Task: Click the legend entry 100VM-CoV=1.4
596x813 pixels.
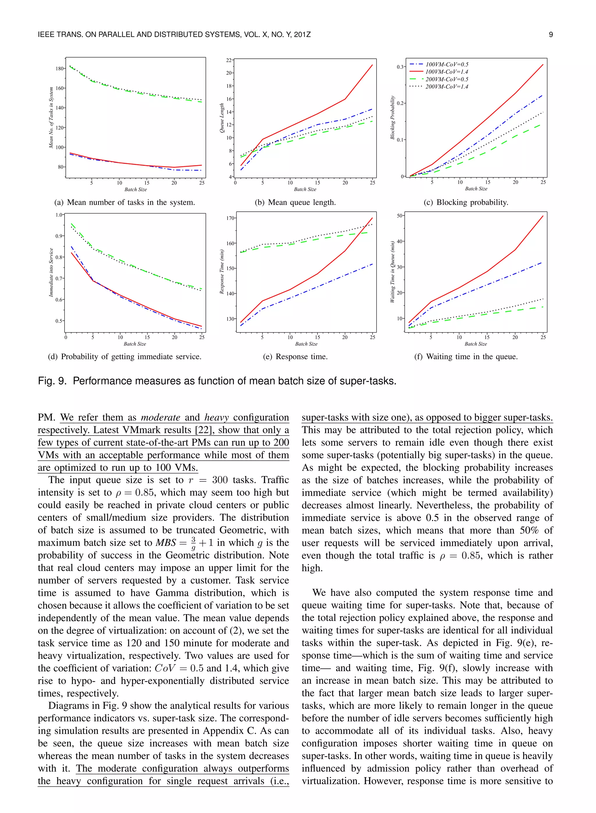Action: pyautogui.click(x=447, y=72)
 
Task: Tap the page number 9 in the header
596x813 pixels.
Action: pyautogui.click(x=551, y=35)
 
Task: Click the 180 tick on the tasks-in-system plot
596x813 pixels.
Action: pyautogui.click(x=60, y=68)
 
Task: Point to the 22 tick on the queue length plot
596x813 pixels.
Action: pyautogui.click(x=229, y=60)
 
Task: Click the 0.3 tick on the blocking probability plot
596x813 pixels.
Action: pyautogui.click(x=400, y=67)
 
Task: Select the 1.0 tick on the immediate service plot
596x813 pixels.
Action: pyautogui.click(x=59, y=215)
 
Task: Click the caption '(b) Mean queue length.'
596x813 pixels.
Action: pyautogui.click(x=295, y=203)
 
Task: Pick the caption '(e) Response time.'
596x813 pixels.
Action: pyautogui.click(x=295, y=357)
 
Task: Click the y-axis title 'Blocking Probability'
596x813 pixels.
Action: pyautogui.click(x=393, y=117)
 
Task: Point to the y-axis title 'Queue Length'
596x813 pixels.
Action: pyautogui.click(x=222, y=118)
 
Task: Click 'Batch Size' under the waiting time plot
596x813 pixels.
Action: pyautogui.click(x=476, y=344)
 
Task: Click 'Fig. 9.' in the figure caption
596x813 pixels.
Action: pyautogui.click(x=52, y=381)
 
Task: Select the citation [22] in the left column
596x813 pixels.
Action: pyautogui.click(x=204, y=430)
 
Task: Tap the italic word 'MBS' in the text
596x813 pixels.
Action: pyautogui.click(x=166, y=543)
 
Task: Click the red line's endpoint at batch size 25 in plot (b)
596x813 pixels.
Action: pyautogui.click(x=372, y=65)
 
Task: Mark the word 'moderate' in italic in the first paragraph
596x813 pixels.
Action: pyautogui.click(x=161, y=418)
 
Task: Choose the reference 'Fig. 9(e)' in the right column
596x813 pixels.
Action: pyautogui.click(x=516, y=643)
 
